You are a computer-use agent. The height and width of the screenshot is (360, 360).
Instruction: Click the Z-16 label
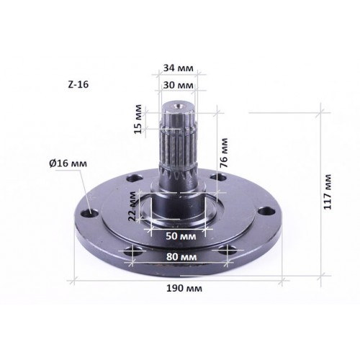click(78, 84)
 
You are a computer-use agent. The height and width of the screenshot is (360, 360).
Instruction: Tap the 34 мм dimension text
click(178, 68)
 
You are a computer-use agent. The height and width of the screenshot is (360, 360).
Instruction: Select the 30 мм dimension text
click(178, 85)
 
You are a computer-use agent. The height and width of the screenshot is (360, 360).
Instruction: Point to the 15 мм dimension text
click(138, 119)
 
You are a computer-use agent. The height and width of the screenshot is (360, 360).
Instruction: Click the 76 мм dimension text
click(224, 153)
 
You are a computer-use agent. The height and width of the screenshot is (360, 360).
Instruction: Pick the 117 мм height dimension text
click(328, 192)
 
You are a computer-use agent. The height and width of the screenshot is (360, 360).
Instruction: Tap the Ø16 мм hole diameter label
click(68, 163)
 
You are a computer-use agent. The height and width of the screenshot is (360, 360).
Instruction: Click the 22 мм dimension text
click(132, 206)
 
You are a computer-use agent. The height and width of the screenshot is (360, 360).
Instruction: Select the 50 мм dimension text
click(181, 236)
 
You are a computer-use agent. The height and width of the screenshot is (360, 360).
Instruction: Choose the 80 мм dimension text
click(181, 257)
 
